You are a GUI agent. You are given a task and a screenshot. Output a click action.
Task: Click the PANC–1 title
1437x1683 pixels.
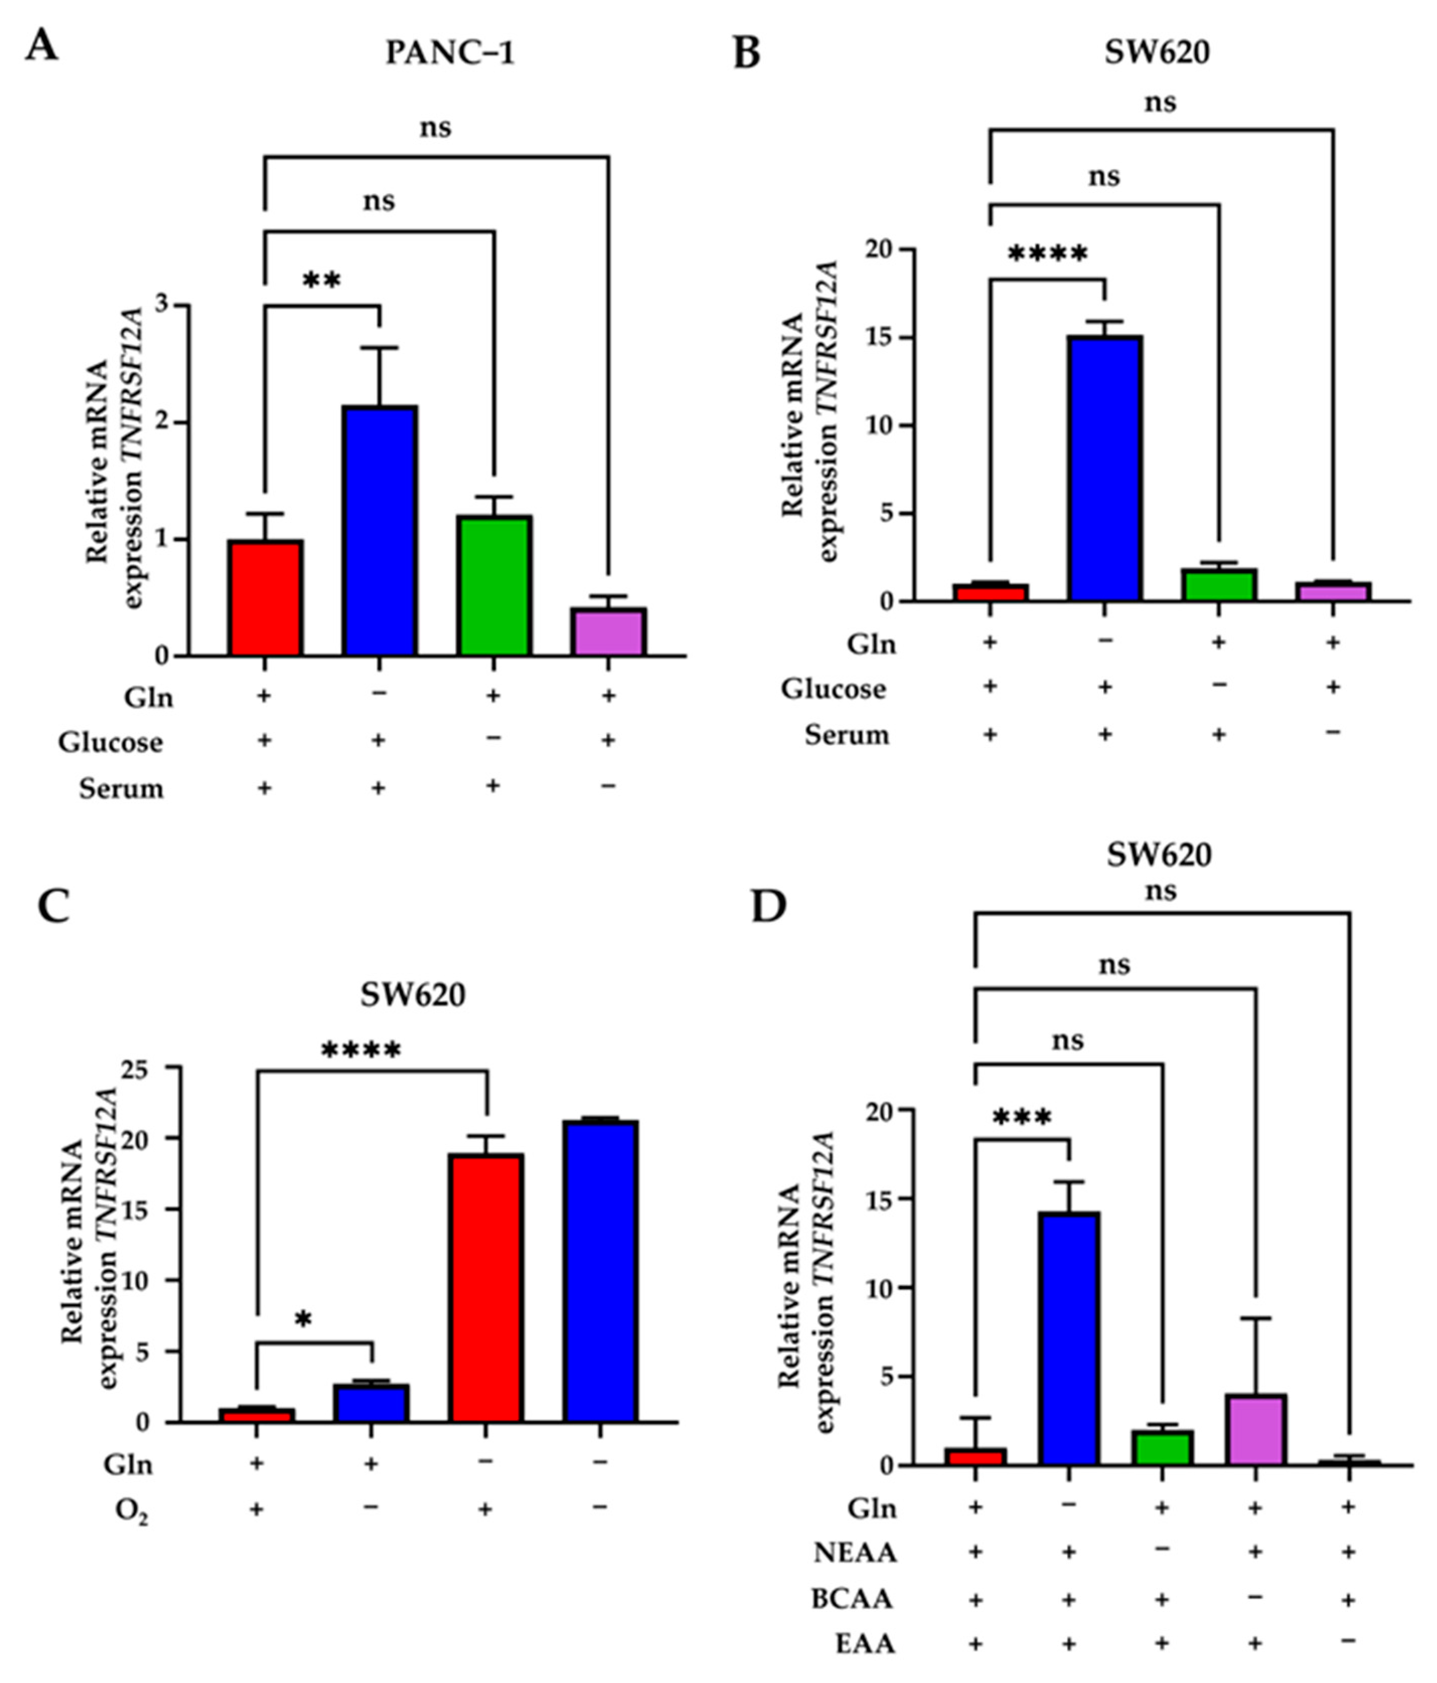click(450, 54)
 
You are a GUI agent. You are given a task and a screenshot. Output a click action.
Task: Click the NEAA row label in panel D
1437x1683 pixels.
click(854, 1553)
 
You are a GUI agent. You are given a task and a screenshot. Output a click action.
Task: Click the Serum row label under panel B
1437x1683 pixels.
click(846, 735)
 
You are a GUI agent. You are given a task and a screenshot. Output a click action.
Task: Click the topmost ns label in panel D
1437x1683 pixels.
click(1159, 891)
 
